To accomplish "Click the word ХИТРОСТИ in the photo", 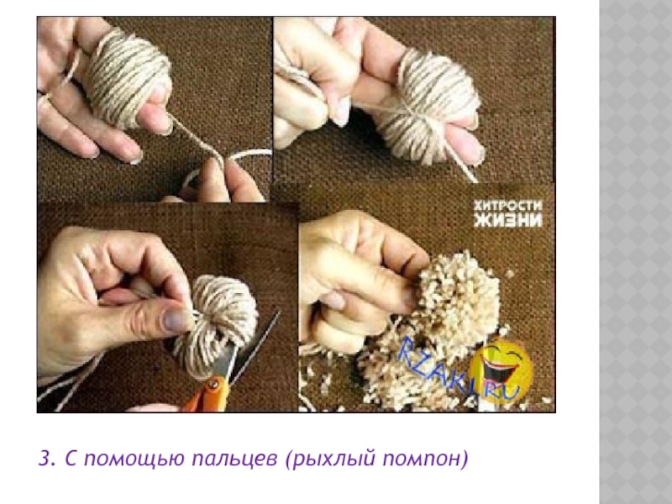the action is pyautogui.click(x=507, y=206).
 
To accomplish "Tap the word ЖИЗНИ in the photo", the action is pyautogui.click(x=508, y=220).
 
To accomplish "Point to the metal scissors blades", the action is pyautogui.click(x=249, y=346).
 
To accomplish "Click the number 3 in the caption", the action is pyautogui.click(x=45, y=458).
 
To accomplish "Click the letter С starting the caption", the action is pyautogui.click(x=71, y=459).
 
